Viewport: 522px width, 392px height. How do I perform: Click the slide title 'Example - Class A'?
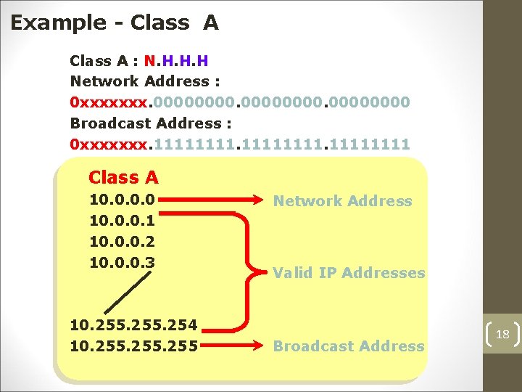pos(114,23)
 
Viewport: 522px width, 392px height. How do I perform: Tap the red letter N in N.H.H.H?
pos(149,60)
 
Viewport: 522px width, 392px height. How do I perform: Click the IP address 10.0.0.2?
pos(121,241)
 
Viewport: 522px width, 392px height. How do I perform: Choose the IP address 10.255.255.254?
pos(133,324)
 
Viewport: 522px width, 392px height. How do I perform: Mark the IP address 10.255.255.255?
pos(133,346)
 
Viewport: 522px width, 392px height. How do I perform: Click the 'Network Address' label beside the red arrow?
pos(342,201)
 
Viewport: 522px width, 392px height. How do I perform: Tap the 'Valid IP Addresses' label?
pos(349,273)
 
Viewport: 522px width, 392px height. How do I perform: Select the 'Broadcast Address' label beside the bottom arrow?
pos(349,346)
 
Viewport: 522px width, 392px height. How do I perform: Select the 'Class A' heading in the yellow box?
pos(123,177)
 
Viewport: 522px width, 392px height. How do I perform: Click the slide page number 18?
pos(502,334)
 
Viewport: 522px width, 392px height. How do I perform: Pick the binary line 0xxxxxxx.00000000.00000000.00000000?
pos(239,102)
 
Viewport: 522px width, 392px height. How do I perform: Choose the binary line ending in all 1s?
pos(239,144)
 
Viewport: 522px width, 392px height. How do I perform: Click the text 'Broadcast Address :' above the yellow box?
pos(145,123)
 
